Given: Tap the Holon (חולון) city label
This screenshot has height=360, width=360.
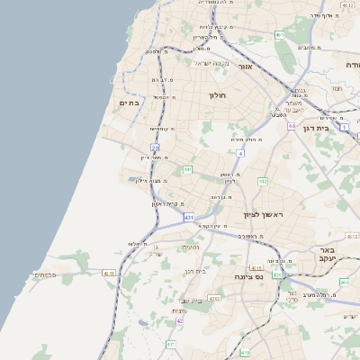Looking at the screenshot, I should [x=218, y=94].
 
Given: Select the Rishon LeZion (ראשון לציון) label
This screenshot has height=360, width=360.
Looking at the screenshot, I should [x=263, y=213].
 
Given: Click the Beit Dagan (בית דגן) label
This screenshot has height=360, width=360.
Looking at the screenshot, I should [x=337, y=128].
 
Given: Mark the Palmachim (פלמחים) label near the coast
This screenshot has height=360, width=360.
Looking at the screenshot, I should [x=45, y=274].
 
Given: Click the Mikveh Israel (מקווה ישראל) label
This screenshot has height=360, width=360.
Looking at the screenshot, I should [x=214, y=63].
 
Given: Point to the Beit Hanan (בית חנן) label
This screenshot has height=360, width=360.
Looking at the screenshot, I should [x=196, y=270].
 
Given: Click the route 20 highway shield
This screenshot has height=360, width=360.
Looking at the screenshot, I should [x=155, y=147].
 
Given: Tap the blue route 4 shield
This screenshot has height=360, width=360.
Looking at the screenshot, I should [x=241, y=154].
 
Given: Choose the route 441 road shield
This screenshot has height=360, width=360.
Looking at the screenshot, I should [x=187, y=169].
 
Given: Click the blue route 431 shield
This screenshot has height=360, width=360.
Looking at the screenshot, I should [x=189, y=218].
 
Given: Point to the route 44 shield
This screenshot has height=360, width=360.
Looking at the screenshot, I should [x=292, y=126].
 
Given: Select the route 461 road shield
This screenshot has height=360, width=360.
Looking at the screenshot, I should [x=280, y=35].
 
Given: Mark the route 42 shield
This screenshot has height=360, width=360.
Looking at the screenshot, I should [x=180, y=320].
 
